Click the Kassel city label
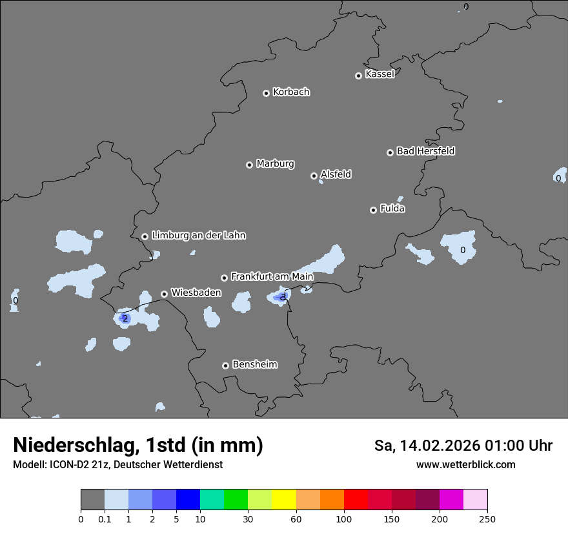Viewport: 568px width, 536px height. click(x=380, y=74)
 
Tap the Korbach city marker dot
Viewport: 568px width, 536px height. click(x=266, y=93)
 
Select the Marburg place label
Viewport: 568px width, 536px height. click(x=275, y=164)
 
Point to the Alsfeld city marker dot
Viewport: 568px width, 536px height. click(x=314, y=176)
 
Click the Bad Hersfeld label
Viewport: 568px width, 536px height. click(x=425, y=151)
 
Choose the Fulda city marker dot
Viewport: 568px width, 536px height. click(x=373, y=210)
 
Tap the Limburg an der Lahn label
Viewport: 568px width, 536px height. click(x=198, y=236)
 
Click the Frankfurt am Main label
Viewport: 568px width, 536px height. click(x=272, y=276)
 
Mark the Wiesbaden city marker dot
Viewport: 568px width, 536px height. click(x=165, y=294)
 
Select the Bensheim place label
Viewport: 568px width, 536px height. click(x=254, y=364)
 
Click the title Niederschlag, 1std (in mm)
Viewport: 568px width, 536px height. click(x=138, y=446)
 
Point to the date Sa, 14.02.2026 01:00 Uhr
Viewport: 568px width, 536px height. click(x=463, y=446)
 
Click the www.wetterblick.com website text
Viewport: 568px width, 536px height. click(x=465, y=465)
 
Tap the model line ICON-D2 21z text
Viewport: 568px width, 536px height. click(x=117, y=465)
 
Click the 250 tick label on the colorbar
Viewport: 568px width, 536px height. click(x=487, y=519)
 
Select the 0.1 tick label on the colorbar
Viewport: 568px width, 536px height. click(x=105, y=519)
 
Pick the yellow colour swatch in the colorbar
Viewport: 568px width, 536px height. click(x=284, y=500)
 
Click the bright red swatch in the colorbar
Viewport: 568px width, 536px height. click(x=356, y=500)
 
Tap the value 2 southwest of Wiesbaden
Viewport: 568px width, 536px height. click(x=125, y=318)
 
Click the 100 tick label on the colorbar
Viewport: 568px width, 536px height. click(x=344, y=519)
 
